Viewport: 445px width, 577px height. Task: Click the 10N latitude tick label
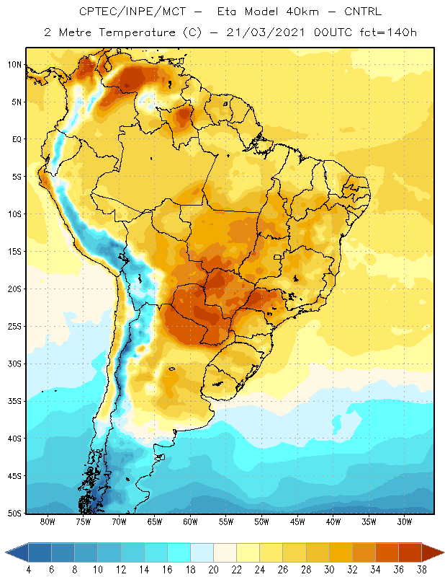point(14,65)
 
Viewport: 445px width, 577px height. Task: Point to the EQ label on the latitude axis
point(17,139)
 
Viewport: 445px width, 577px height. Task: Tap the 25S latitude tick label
point(14,327)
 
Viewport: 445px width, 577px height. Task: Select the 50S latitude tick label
point(14,513)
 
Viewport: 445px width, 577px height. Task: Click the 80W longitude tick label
point(48,521)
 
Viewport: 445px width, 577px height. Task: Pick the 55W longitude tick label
point(226,521)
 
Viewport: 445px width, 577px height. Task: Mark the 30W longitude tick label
point(405,521)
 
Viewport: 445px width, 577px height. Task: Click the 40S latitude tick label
point(14,439)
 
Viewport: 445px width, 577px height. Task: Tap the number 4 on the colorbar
point(28,570)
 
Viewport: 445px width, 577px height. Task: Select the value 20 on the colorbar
point(213,570)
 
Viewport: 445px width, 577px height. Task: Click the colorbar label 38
point(422,570)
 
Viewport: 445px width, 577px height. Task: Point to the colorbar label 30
point(329,570)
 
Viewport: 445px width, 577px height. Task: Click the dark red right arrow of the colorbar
point(433,552)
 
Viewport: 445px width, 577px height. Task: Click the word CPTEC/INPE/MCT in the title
point(132,12)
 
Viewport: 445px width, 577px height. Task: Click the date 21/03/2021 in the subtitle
point(265,32)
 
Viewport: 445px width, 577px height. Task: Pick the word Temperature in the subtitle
point(137,33)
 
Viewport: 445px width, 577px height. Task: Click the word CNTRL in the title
point(363,12)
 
